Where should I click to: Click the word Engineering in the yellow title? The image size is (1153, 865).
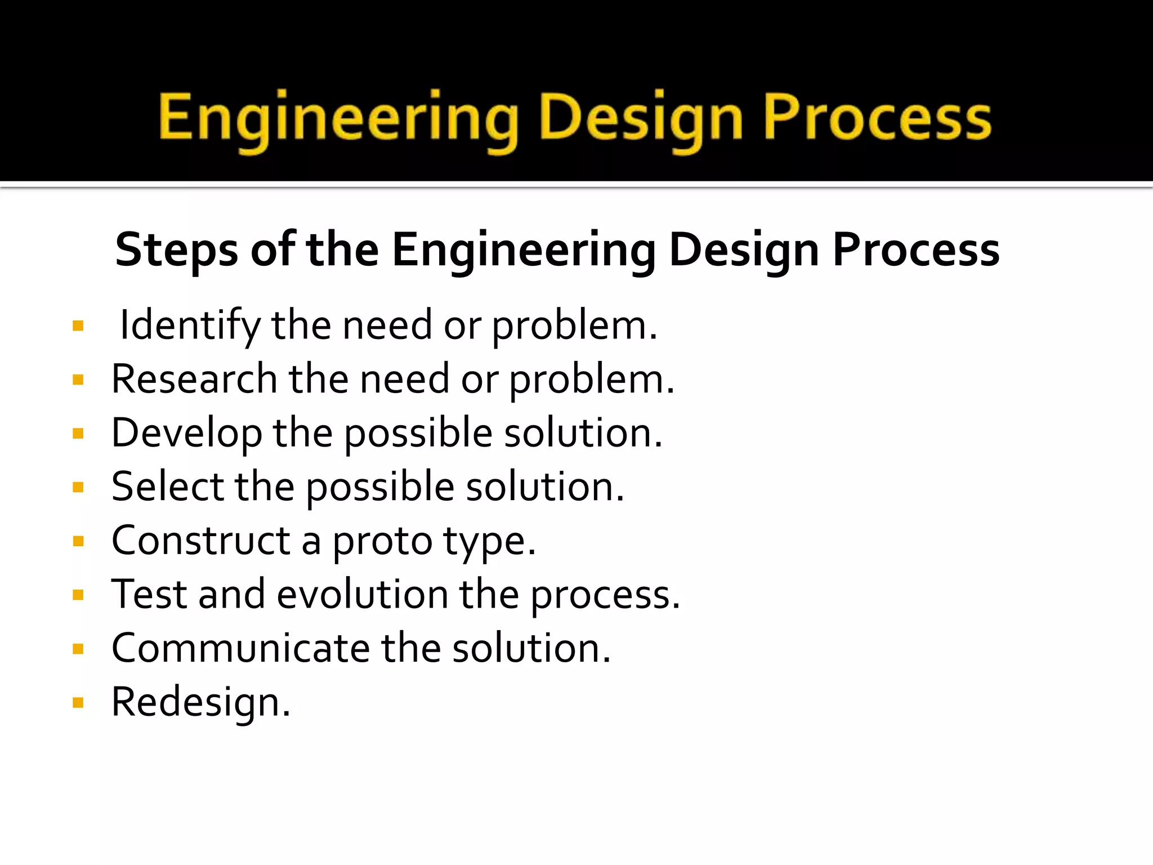[338, 118]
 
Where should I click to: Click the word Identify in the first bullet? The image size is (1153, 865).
[190, 326]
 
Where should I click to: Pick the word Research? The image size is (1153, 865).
[194, 379]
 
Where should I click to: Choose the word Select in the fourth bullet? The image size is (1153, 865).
[168, 487]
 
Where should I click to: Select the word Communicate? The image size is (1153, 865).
[241, 648]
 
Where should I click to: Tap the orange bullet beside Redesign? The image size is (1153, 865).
[78, 702]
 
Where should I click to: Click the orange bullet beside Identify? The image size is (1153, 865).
[78, 326]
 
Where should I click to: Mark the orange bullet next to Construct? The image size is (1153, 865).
[78, 541]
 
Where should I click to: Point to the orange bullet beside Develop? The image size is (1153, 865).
[78, 434]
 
